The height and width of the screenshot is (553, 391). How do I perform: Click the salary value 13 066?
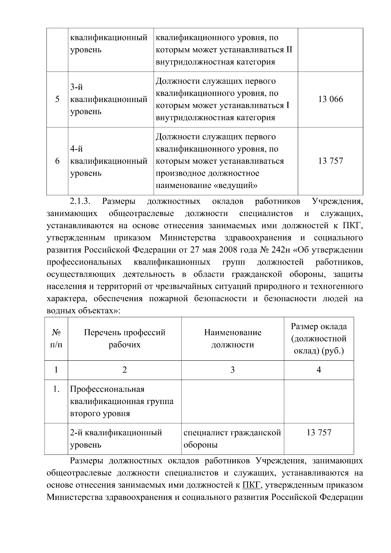pyautogui.click(x=330, y=99)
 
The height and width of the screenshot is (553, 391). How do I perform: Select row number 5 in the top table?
pyautogui.click(x=57, y=99)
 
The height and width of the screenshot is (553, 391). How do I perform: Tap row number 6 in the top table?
pyautogui.click(x=57, y=161)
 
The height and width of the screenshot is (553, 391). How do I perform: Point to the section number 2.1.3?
pyautogui.click(x=80, y=201)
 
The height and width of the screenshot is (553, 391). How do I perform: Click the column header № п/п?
pyautogui.click(x=56, y=339)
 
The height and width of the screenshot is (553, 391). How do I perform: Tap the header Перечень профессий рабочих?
pyautogui.click(x=124, y=339)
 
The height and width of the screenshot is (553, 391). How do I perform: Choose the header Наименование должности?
pyautogui.click(x=233, y=339)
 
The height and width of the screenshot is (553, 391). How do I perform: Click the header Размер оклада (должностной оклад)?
pyautogui.click(x=319, y=339)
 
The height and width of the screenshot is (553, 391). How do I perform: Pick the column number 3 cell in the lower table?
pyautogui.click(x=233, y=370)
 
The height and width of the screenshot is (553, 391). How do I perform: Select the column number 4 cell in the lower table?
pyautogui.click(x=319, y=370)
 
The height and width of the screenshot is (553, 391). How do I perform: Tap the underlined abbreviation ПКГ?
pyautogui.click(x=251, y=485)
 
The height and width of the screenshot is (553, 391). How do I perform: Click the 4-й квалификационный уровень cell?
pyautogui.click(x=109, y=161)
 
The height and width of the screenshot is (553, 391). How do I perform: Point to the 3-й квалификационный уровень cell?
pyautogui.click(x=109, y=99)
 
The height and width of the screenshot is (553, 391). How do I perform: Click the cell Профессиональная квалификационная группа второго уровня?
pyautogui.click(x=122, y=401)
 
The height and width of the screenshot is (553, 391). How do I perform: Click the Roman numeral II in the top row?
pyautogui.click(x=289, y=50)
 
